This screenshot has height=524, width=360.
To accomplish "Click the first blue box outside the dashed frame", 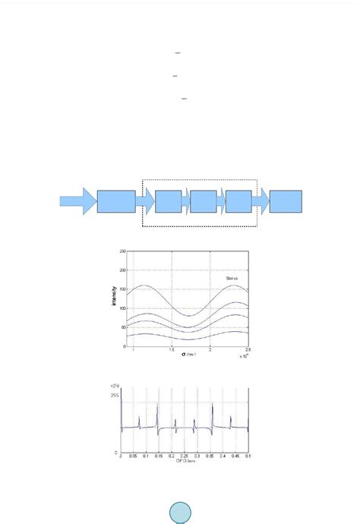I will [116, 202].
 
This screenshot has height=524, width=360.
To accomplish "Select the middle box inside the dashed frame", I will [203, 202].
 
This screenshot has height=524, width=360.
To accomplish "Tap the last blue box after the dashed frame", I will [286, 202].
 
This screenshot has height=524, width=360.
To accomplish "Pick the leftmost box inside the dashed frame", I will [168, 202].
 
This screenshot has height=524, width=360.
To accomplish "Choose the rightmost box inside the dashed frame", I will [238, 202].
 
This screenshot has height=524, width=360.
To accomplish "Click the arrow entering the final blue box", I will [261, 202].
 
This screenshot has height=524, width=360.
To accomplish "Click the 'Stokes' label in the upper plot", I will [232, 279].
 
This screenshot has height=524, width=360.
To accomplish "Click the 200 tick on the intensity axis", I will [122, 270].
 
